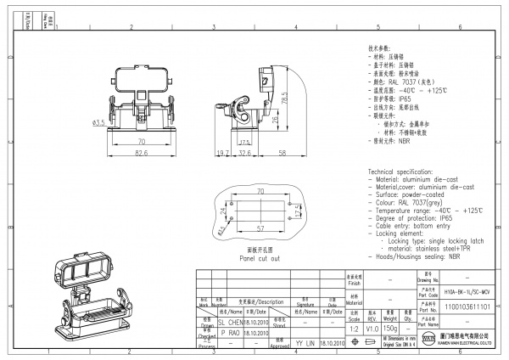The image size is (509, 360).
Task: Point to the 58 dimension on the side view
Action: pyautogui.click(x=282, y=153)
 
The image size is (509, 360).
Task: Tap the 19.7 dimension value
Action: pyautogui.click(x=223, y=153)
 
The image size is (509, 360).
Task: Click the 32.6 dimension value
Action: pyautogui.click(x=243, y=153)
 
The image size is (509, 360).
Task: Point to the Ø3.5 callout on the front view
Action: pyautogui.click(x=98, y=123)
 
